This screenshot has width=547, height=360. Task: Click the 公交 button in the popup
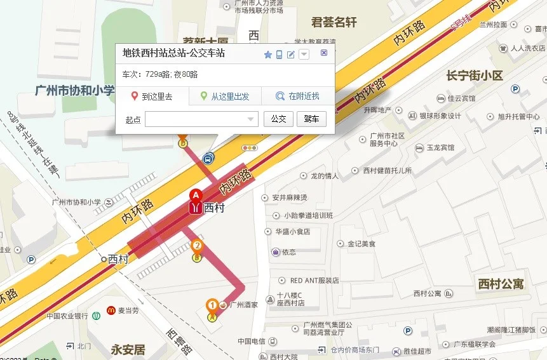278,119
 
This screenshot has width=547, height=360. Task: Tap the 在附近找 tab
298,97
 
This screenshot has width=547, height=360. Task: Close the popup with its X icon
324,53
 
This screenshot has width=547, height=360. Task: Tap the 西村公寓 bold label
501,284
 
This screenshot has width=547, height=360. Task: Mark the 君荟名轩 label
334,22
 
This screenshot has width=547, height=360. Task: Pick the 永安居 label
128,349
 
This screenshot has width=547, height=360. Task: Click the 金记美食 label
360,244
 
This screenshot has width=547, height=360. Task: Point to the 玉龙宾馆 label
440,148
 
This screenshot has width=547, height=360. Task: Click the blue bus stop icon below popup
208,158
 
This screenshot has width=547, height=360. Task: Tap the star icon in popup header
268,55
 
